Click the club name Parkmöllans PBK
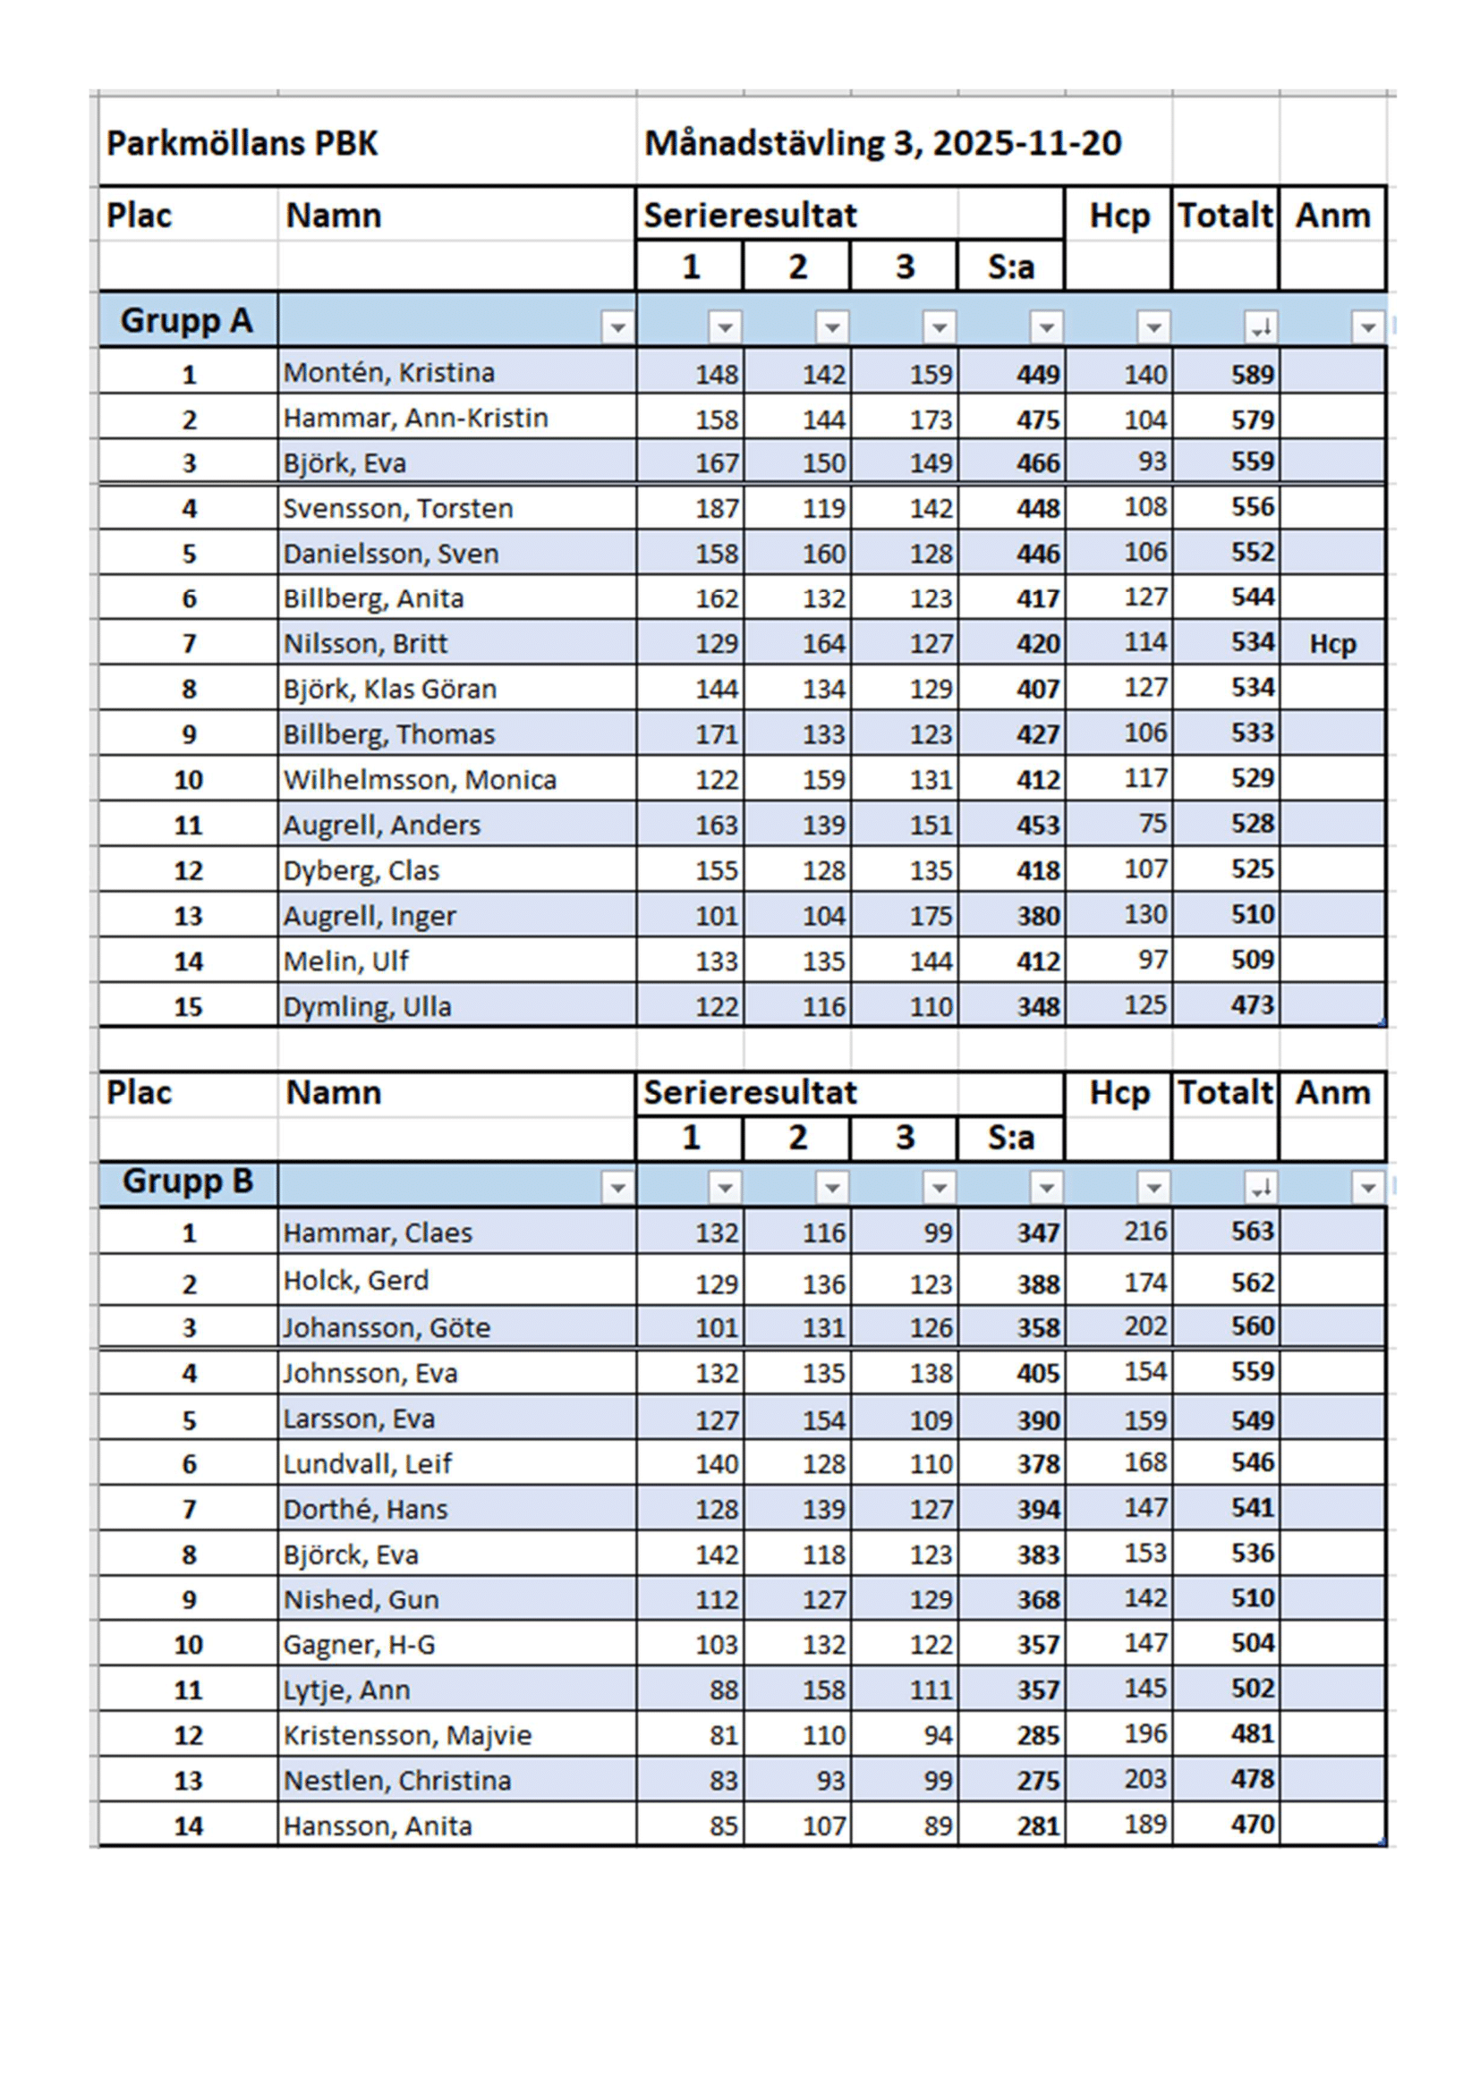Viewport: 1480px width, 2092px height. (x=242, y=144)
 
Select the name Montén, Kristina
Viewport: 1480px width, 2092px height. (x=389, y=373)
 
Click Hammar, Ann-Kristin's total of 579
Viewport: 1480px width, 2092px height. (x=1252, y=419)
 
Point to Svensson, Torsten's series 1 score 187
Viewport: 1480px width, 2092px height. (x=717, y=508)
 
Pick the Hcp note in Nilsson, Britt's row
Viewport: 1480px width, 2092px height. (x=1332, y=644)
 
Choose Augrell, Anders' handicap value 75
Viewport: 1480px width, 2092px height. (x=1152, y=824)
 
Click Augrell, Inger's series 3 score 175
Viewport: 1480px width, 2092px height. (x=931, y=916)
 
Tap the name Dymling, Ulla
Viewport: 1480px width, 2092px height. (x=367, y=1007)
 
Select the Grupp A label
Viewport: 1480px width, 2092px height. (x=187, y=321)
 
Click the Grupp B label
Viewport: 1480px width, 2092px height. (x=188, y=1181)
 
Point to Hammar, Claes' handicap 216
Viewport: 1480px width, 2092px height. (x=1144, y=1232)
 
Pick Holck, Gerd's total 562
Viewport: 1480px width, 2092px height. (x=1252, y=1283)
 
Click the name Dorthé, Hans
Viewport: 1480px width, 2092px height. (x=365, y=1510)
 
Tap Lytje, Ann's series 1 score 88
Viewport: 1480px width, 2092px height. (x=724, y=1690)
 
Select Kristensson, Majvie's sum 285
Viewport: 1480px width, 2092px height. (x=1038, y=1736)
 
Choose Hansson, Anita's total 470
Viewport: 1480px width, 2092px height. (x=1252, y=1824)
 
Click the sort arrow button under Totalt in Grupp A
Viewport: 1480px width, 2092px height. (x=1261, y=327)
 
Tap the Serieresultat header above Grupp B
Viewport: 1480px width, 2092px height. (x=750, y=1092)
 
